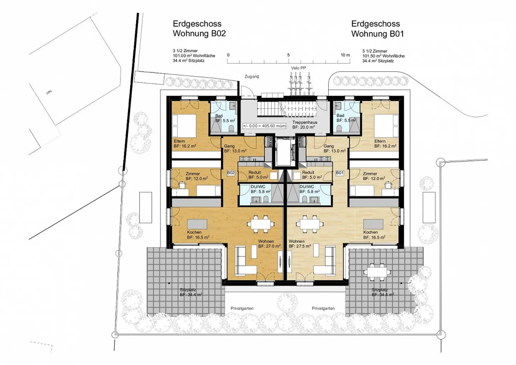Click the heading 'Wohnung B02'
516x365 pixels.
pyautogui.click(x=199, y=34)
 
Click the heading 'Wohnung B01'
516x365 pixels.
pyautogui.click(x=377, y=34)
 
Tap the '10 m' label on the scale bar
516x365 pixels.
pyautogui.click(x=345, y=55)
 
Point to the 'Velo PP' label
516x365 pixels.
pyautogui.click(x=298, y=68)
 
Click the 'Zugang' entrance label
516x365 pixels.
pyautogui.click(x=252, y=76)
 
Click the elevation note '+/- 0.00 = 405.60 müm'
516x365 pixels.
pyautogui.click(x=264, y=126)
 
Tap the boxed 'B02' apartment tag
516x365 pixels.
pyautogui.click(x=231, y=173)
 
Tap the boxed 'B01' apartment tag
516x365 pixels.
pyautogui.click(x=340, y=173)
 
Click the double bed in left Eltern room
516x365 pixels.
pyautogui.click(x=184, y=126)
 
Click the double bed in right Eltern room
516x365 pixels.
pyautogui.click(x=386, y=126)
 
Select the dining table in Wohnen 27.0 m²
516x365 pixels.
pyautogui.click(x=261, y=224)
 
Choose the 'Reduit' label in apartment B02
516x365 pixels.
pyautogui.click(x=255, y=172)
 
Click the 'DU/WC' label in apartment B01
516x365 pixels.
pyautogui.click(x=307, y=187)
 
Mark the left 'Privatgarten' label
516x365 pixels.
pyautogui.click(x=242, y=308)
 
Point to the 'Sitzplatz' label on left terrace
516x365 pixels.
pyautogui.click(x=188, y=290)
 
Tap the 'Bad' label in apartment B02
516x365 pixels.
pyautogui.click(x=219, y=116)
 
